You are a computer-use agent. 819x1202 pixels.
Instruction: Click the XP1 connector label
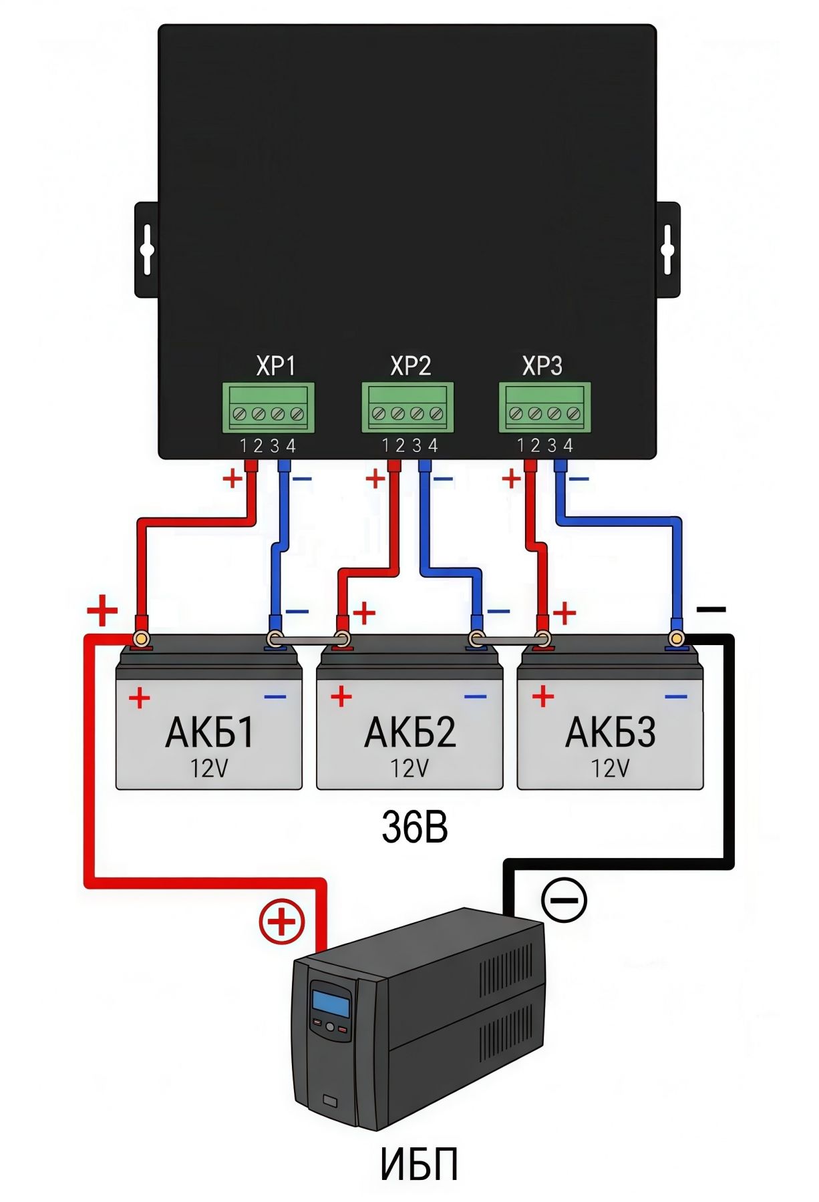(x=275, y=366)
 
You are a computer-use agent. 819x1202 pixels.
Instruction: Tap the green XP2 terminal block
(x=407, y=407)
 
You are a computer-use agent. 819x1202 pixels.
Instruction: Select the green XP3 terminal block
(x=544, y=407)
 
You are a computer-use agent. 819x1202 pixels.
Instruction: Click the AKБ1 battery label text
(x=210, y=733)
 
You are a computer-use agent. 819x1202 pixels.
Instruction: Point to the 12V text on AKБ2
(x=409, y=769)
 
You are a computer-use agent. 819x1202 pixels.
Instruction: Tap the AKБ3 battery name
(x=610, y=733)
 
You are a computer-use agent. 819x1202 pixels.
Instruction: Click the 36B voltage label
(x=414, y=827)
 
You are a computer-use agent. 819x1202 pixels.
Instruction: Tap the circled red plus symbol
(x=282, y=922)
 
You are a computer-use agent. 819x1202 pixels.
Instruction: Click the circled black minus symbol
(x=564, y=899)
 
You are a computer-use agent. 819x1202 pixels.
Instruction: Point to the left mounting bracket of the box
(x=146, y=250)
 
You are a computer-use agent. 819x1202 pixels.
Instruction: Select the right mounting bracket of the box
(x=668, y=250)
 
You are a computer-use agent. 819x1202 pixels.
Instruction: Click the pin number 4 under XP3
(x=568, y=445)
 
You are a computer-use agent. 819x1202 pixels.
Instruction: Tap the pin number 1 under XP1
(x=243, y=445)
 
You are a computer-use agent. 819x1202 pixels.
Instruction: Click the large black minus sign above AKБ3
(x=711, y=609)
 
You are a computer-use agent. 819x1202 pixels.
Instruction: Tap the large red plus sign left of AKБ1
(x=102, y=610)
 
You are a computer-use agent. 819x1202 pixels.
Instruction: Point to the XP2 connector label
(x=410, y=366)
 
